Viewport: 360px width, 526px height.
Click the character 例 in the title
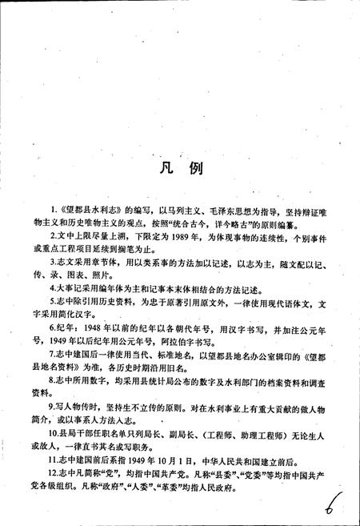pos(195,171)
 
